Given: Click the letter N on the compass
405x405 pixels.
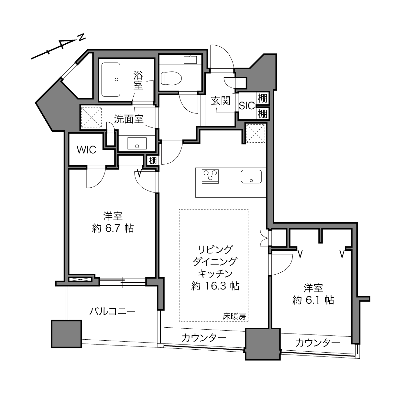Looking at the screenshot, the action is pos(82,37).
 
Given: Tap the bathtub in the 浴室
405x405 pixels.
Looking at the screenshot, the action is pos(111,80).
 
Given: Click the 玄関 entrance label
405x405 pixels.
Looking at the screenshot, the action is pos(221,101).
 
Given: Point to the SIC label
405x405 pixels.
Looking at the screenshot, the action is pos(247,106).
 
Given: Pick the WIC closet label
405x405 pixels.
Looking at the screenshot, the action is pos(86,150).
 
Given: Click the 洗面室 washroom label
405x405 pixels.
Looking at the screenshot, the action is pos(129,119).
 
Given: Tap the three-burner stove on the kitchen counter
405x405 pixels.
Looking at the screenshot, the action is pos(210,176).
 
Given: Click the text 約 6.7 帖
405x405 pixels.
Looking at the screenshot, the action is pos(113,228).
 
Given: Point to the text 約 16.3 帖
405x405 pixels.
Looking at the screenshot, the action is pos(215,286).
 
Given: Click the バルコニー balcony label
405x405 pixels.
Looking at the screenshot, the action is pos(113,311).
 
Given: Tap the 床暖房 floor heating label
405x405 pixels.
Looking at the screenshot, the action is pos(234,316).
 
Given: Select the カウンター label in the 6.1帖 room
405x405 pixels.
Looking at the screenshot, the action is pos(318,343).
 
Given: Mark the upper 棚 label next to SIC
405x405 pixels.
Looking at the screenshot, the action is pos(262,98).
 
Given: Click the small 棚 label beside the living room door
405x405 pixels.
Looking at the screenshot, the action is pos(153,160).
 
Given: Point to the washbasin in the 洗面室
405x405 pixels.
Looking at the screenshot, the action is pos(137,143).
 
